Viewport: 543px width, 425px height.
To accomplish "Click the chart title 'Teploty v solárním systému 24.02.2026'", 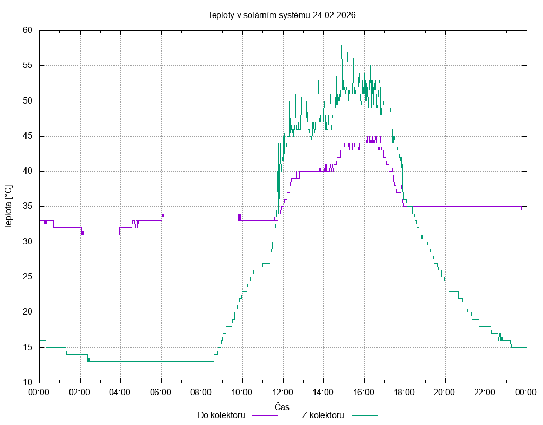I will coord(281,15).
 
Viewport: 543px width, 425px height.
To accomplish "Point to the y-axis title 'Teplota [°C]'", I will coord(8,207).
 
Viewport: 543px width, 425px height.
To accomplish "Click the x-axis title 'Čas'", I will coord(282,407).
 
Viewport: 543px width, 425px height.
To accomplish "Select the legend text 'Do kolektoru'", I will coord(221,415).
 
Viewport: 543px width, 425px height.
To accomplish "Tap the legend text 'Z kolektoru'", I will coord(323,415).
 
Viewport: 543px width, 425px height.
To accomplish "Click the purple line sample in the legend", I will coord(264,415).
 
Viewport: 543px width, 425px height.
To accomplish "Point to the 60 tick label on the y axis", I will coord(28,30).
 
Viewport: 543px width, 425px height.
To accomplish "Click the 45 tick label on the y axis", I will coord(28,136).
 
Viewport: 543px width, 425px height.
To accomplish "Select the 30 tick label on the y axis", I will coord(28,242).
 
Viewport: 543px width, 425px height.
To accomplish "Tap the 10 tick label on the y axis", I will coord(28,382).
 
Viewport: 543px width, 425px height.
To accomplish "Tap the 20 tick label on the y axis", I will coord(28,312).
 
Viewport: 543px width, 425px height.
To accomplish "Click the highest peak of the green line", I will coord(341,45).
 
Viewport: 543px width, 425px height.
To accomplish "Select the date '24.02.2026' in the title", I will coord(334,15).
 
